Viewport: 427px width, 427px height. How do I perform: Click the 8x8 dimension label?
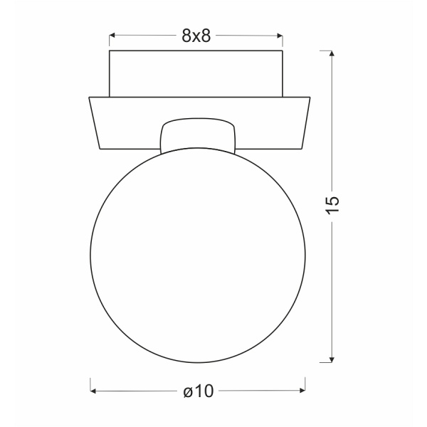pyautogui.click(x=196, y=36)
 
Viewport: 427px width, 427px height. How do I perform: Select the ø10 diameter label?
pyautogui.click(x=199, y=391)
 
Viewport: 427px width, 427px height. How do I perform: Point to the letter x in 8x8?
pyautogui.click(x=196, y=36)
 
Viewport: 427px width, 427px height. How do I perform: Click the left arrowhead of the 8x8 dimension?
pyautogui.click(x=112, y=35)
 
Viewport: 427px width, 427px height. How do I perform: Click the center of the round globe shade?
pyautogui.click(x=198, y=254)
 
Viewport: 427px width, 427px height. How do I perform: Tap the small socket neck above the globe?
pyautogui.click(x=198, y=134)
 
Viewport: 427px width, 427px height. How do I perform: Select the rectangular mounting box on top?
pyautogui.click(x=196, y=73)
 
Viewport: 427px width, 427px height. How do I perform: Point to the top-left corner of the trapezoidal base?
pyautogui.click(x=88, y=97)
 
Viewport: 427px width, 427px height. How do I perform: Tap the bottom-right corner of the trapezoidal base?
pyautogui.click(x=299, y=148)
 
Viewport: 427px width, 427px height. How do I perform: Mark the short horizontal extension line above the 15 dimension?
pyautogui.click(x=327, y=51)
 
